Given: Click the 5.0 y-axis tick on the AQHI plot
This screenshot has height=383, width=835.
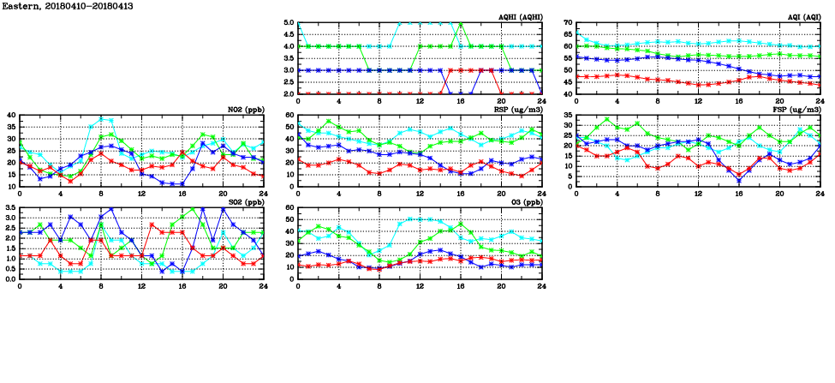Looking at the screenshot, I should coord(289,23).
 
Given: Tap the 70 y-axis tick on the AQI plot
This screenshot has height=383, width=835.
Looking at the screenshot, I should coord(568,23).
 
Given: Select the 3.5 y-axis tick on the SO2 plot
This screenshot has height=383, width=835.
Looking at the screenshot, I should coord(10,208).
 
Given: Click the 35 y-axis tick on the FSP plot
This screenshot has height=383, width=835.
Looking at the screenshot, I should coord(568,125).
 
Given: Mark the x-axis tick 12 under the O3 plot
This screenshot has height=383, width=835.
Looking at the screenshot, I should coord(420,285).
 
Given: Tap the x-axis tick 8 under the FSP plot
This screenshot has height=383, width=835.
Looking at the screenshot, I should coord(658,193).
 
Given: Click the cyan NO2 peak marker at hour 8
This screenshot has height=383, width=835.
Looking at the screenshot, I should coord(101,119).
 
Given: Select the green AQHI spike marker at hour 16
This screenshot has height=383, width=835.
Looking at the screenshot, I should coord(461,24).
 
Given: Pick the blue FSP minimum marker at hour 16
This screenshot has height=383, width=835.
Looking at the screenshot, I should coord(739,180).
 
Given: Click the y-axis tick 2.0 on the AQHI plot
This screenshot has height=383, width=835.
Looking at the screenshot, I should coord(289,93).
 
